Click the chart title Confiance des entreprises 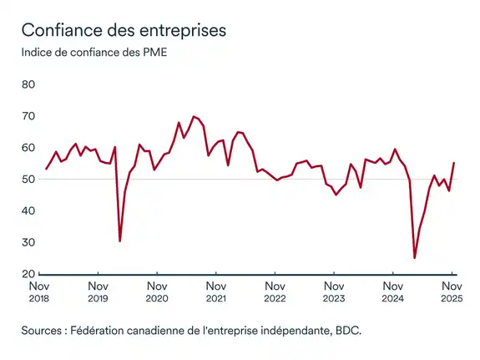[x=123, y=31]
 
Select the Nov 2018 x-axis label [x=39, y=290]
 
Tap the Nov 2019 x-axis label [x=98, y=290]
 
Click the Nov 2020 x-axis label [x=157, y=290]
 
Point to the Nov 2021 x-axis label [x=215, y=290]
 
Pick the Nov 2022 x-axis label [x=275, y=290]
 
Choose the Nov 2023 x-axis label [x=333, y=290]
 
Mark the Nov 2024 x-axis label [x=392, y=290]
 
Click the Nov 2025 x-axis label [x=452, y=290]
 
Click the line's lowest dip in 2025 [x=415, y=258]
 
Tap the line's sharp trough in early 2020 [x=120, y=241]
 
